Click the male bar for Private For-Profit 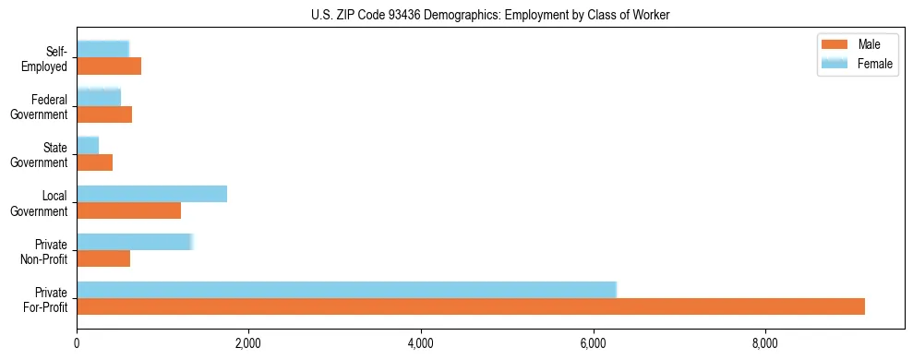(x=471, y=306)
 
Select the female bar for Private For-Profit (x=346, y=289)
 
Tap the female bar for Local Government (x=151, y=194)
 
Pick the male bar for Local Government (x=128, y=210)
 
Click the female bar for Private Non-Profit (x=135, y=242)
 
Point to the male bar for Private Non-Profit (x=103, y=258)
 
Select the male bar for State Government (x=94, y=162)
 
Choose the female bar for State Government (x=88, y=145)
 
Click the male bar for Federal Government (x=104, y=114)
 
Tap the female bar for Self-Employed (x=102, y=49)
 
